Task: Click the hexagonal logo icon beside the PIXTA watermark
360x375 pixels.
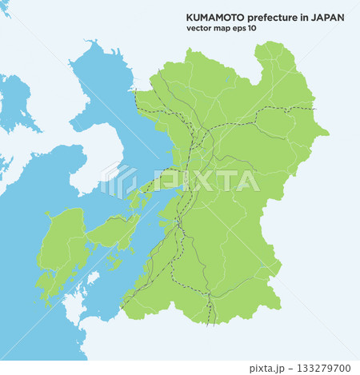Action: tap(118, 182)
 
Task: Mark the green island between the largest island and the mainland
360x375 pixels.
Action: tap(114, 233)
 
